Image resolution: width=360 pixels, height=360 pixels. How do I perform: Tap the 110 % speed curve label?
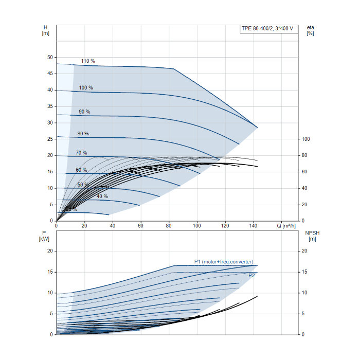88,61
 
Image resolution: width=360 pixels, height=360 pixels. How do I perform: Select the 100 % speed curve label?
86,88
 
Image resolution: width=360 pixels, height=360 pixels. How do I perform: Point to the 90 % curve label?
84,112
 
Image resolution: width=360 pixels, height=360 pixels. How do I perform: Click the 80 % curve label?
83,134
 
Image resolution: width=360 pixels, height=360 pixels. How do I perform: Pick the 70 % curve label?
81,153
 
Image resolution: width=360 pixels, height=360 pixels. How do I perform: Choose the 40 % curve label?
102,196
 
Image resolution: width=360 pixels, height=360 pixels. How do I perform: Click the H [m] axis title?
46,30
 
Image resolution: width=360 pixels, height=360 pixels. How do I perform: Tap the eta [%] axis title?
310,30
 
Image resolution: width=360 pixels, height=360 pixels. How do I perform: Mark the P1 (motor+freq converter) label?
224,262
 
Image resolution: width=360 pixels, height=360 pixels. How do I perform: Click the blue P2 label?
252,276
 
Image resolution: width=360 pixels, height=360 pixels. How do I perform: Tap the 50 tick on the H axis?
50,57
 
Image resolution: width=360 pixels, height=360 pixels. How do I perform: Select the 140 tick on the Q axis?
254,225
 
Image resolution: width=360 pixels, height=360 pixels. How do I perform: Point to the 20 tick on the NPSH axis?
303,251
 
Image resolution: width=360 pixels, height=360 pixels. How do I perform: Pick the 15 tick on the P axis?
50,272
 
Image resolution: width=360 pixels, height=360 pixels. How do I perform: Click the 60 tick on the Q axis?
140,225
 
